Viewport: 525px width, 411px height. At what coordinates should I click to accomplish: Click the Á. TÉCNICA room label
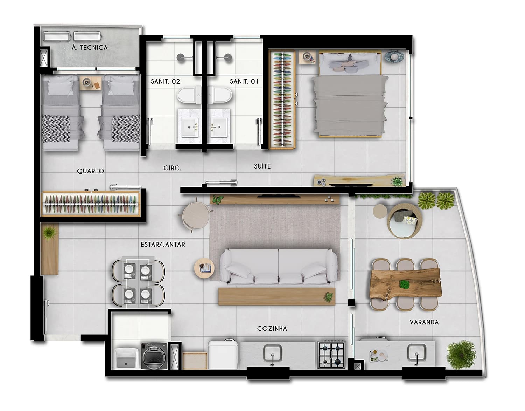[90, 47]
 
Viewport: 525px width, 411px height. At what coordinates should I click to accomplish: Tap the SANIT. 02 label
[165, 82]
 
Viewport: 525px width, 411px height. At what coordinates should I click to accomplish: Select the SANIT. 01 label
[244, 82]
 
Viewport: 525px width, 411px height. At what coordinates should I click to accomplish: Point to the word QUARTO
[91, 171]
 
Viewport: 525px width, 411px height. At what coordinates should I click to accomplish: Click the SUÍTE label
[262, 166]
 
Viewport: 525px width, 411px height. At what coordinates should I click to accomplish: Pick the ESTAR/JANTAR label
[163, 245]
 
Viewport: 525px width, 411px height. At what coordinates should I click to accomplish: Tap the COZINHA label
[272, 328]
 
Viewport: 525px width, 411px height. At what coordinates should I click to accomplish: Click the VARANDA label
[424, 322]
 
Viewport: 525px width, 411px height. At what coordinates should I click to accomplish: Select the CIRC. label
[172, 168]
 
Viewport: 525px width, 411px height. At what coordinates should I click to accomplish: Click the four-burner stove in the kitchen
[331, 355]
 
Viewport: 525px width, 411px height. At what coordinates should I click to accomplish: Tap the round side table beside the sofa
[204, 268]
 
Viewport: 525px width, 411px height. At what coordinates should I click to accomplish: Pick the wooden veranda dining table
[406, 284]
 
